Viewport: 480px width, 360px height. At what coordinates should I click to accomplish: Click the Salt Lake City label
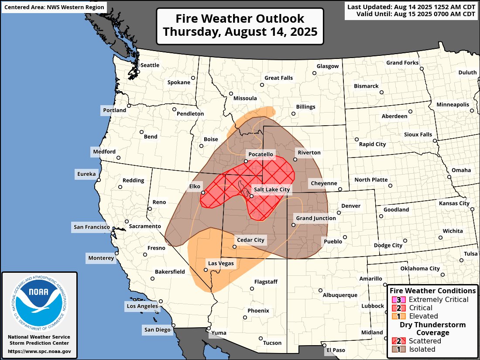click(272, 190)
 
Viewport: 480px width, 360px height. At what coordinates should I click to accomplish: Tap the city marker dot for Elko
click(203, 192)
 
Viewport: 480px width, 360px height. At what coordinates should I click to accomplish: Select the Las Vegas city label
click(220, 263)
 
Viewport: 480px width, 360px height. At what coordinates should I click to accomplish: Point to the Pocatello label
click(261, 154)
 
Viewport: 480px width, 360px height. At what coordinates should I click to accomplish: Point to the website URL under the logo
click(39, 351)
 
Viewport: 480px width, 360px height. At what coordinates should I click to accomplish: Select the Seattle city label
click(150, 65)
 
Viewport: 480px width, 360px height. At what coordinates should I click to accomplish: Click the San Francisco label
click(92, 227)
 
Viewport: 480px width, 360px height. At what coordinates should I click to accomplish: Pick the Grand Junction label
click(316, 218)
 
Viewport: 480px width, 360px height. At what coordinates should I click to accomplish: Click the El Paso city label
click(336, 350)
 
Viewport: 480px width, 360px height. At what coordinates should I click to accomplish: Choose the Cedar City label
click(250, 240)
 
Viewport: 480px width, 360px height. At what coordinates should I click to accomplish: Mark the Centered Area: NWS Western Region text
click(54, 7)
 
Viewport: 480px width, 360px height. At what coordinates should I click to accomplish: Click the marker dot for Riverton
click(295, 160)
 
